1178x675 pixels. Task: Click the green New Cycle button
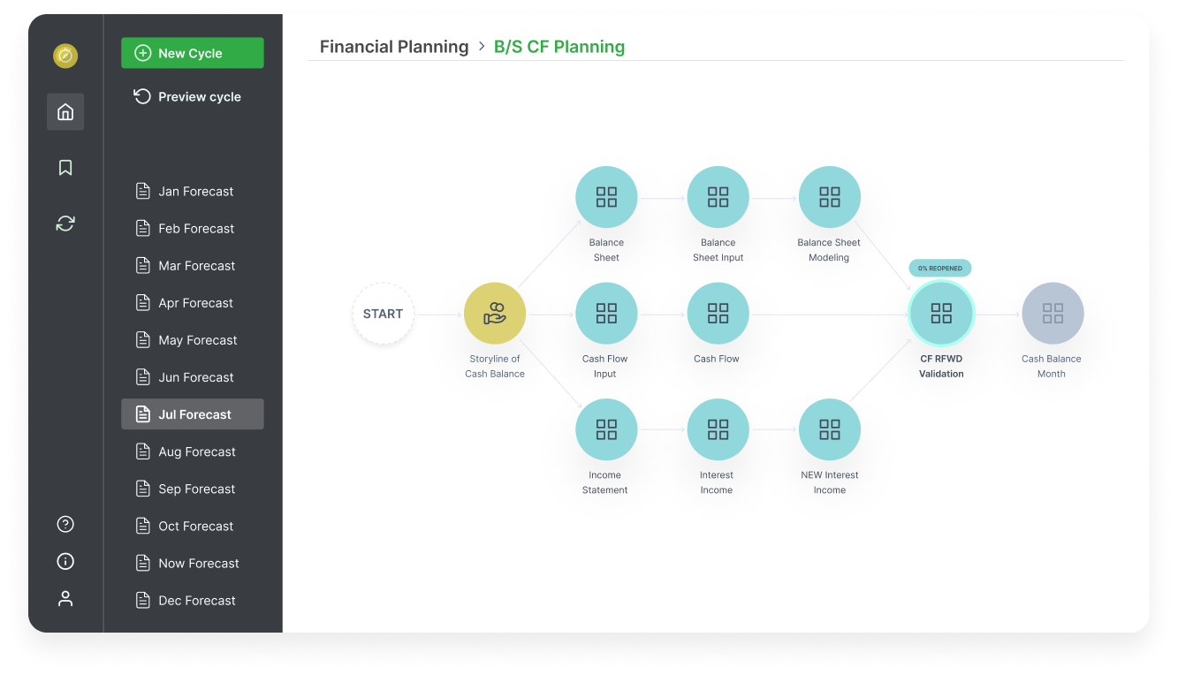coord(192,53)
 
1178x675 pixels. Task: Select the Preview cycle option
coord(187,96)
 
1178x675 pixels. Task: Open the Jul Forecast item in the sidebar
coord(193,414)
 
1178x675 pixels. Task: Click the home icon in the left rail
coord(65,112)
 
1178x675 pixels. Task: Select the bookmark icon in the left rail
coord(65,168)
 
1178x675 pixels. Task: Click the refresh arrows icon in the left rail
coord(65,224)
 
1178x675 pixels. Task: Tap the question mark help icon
coord(65,524)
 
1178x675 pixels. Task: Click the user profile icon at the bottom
coord(65,599)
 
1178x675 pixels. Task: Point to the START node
coord(383,314)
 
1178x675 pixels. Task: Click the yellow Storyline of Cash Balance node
coord(495,314)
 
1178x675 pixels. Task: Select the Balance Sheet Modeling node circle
coord(829,197)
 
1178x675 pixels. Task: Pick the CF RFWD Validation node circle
coord(941,314)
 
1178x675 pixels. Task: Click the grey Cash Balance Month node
coord(1053,314)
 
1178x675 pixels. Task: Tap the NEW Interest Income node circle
coord(829,429)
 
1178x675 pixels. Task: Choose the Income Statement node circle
coord(606,429)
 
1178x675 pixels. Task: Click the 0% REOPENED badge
coord(941,268)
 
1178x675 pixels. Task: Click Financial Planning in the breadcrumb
coord(394,47)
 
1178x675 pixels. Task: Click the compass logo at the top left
coord(65,57)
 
